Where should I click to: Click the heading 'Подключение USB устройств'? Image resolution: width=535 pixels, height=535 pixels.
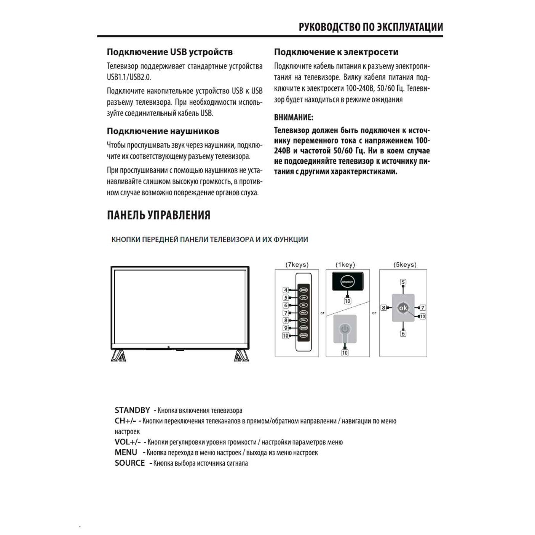coord(170,52)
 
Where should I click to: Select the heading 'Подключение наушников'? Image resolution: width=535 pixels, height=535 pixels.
coord(163,131)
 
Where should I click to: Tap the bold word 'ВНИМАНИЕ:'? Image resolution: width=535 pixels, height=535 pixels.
coord(293,117)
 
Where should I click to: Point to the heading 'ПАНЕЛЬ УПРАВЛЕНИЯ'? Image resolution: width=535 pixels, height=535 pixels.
coord(158,215)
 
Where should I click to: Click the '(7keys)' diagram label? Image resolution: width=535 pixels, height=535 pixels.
coord(297,265)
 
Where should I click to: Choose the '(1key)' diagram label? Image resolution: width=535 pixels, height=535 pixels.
coord(345,265)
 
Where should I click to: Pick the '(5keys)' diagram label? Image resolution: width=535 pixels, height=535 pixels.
coord(405,265)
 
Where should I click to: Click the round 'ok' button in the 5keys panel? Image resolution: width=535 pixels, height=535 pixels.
coord(403,308)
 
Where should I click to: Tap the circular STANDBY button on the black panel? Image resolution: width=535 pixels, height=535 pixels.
coord(347,282)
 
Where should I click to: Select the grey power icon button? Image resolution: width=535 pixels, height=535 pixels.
coord(345,329)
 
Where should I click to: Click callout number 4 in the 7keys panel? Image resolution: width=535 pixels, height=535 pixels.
coord(286,290)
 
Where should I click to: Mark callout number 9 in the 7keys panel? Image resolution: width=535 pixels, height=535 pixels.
coord(286,328)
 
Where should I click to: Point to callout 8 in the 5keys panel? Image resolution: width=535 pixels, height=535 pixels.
coord(384,308)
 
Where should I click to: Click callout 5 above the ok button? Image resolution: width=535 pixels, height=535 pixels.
coord(403,282)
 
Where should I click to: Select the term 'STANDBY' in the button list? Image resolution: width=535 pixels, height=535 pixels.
coord(132,410)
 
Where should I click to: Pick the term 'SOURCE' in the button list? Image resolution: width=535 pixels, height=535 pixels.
coord(130,463)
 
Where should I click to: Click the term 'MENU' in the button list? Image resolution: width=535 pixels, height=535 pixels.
coord(126,452)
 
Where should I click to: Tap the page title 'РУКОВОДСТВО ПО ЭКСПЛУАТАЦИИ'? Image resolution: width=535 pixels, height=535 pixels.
coord(370,27)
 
